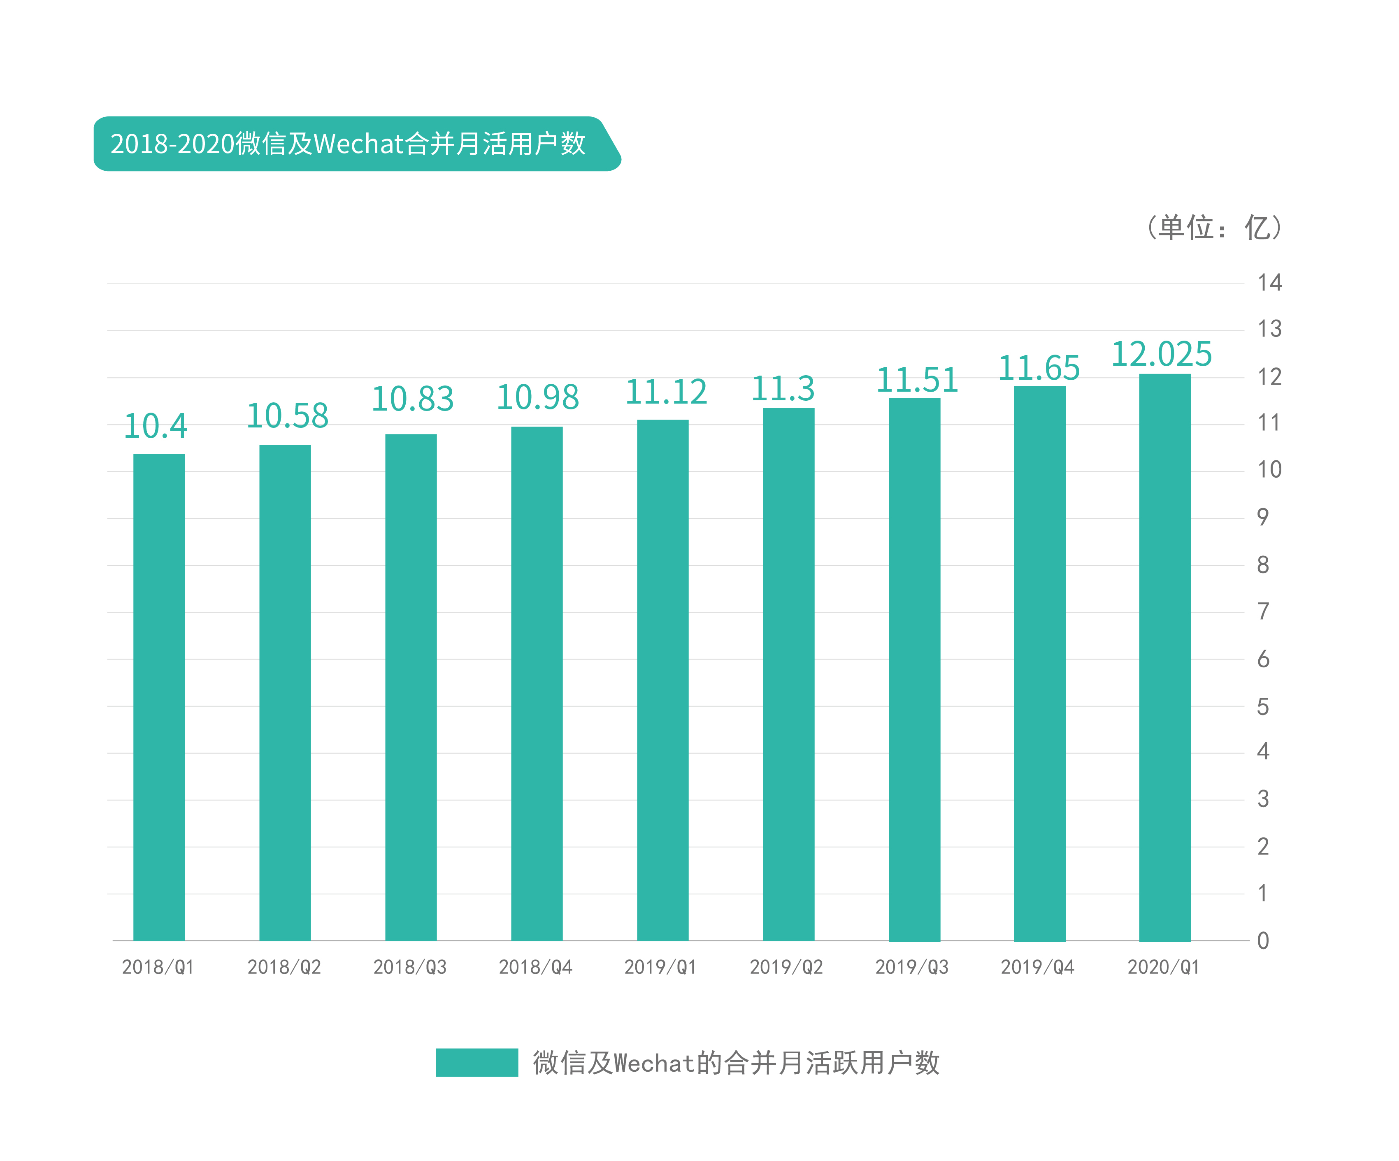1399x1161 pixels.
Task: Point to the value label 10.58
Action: click(x=287, y=416)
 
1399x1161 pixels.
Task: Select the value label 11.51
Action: click(x=917, y=380)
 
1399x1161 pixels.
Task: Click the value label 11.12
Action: click(x=665, y=392)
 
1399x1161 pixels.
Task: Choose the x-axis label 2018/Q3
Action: click(x=410, y=966)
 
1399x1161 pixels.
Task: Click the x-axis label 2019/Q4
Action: click(x=1037, y=966)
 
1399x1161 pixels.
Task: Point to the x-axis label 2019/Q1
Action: click(x=660, y=966)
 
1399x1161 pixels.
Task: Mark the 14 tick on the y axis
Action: click(x=1269, y=282)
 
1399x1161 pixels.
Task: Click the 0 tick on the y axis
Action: click(x=1262, y=940)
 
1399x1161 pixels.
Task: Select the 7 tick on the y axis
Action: click(x=1262, y=611)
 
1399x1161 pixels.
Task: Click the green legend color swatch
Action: click(x=476, y=1062)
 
